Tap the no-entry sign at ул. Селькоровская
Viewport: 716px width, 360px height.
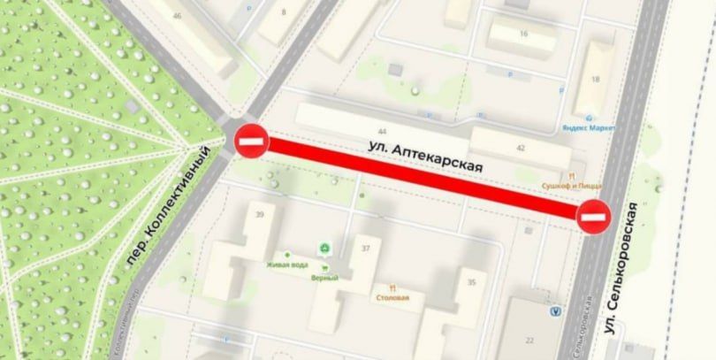click(x=593, y=216)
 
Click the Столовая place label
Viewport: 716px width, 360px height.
click(x=392, y=298)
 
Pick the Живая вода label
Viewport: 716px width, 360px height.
click(x=286, y=264)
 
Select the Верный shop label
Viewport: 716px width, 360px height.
click(x=325, y=276)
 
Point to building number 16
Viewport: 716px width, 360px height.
click(x=523, y=34)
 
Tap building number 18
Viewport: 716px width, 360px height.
click(x=595, y=80)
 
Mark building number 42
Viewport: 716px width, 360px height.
click(x=521, y=148)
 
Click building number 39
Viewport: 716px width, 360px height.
click(x=260, y=215)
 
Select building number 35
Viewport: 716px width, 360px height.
click(x=471, y=282)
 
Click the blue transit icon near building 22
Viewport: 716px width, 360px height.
click(x=554, y=310)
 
